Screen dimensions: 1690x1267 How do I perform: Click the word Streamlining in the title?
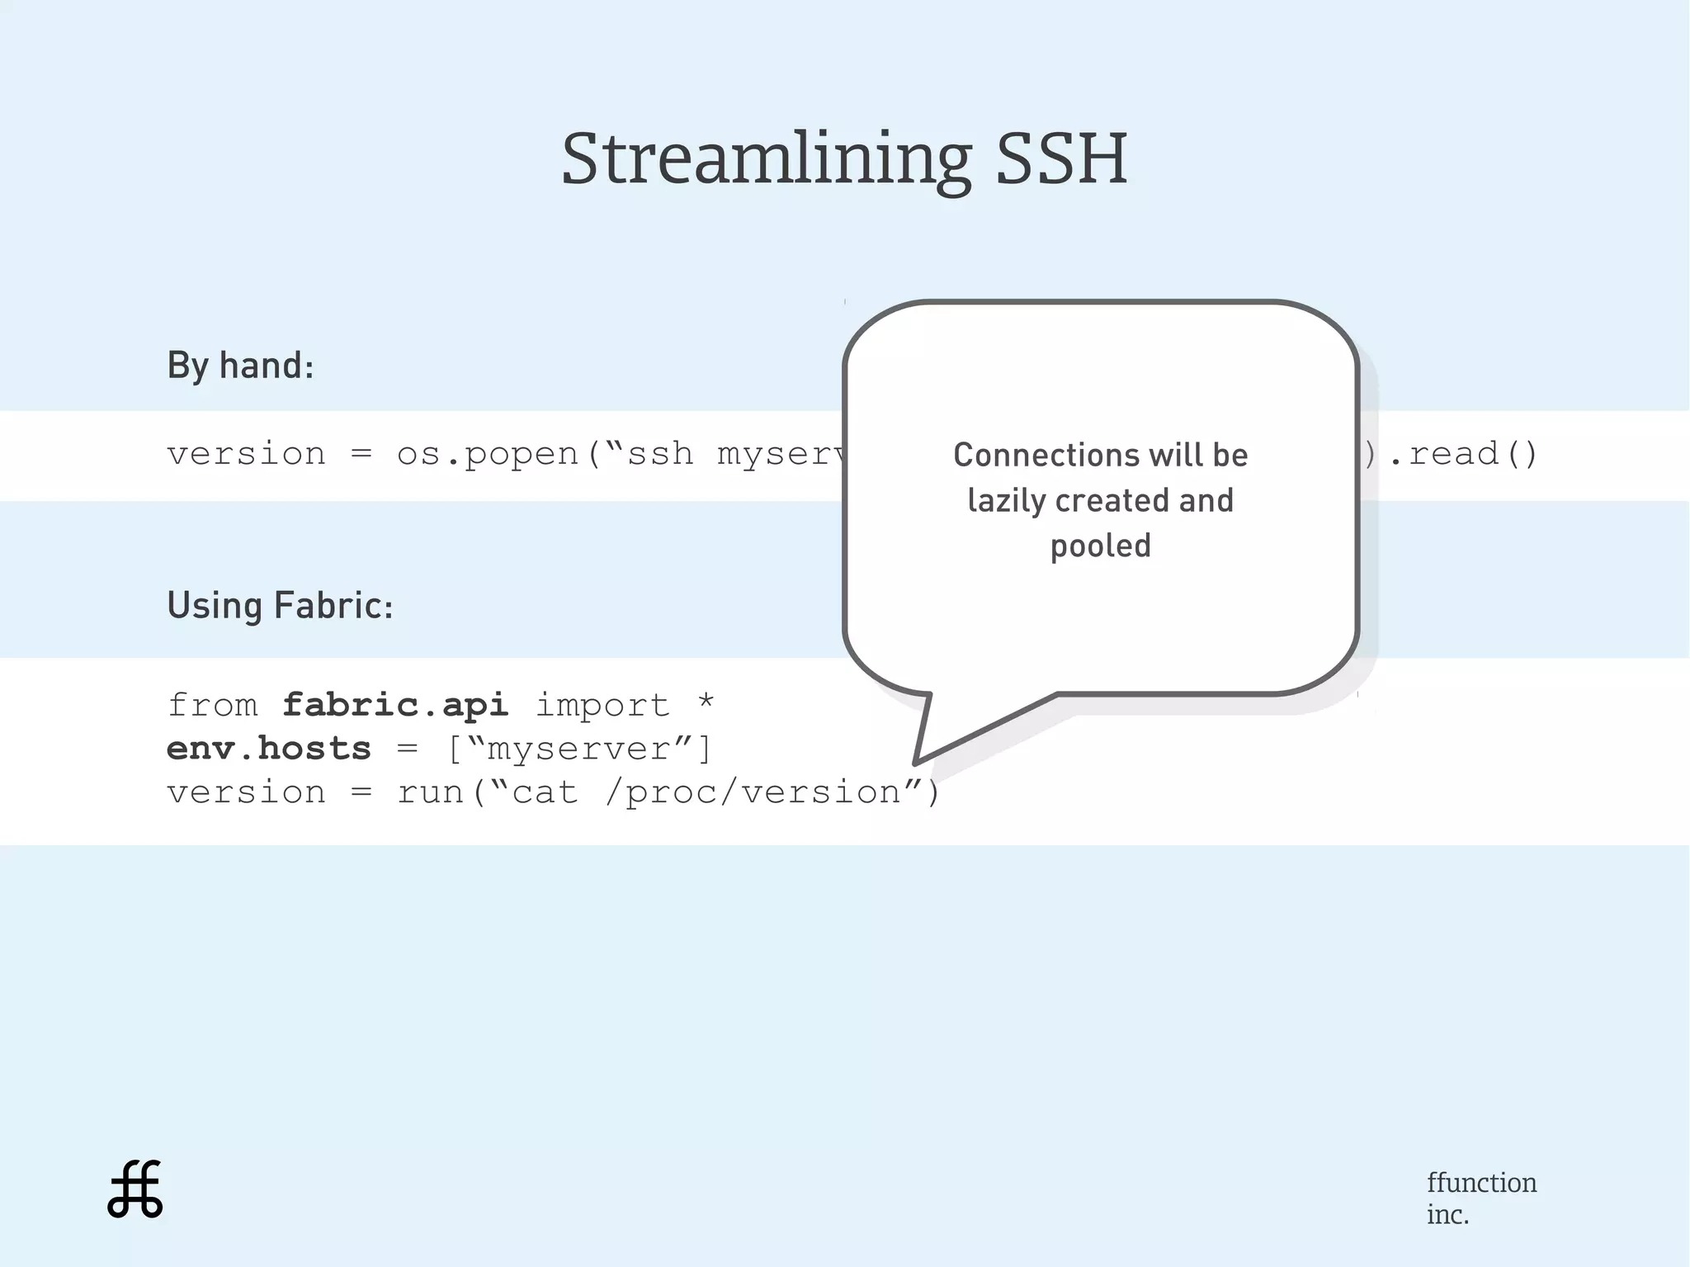[766, 158]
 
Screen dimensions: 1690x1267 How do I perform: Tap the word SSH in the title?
[1061, 158]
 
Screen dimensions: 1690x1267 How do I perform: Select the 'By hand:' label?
[240, 365]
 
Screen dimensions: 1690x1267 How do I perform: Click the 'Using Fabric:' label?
[280, 605]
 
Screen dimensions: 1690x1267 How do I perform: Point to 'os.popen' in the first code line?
[488, 454]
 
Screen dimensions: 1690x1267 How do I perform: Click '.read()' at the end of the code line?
[1464, 454]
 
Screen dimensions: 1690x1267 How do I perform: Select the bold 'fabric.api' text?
[395, 705]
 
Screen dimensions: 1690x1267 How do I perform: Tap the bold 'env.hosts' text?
[269, 749]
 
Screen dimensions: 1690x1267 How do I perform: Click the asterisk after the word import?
[705, 703]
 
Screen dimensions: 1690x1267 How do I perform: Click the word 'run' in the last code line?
[430, 792]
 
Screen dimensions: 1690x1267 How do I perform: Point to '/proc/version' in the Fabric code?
[753, 792]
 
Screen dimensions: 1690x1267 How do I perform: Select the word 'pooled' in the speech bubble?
[1100, 546]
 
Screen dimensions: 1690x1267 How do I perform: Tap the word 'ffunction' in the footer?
[1481, 1182]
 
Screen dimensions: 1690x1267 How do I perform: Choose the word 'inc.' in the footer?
[1447, 1214]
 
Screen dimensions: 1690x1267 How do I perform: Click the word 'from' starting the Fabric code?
[212, 705]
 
